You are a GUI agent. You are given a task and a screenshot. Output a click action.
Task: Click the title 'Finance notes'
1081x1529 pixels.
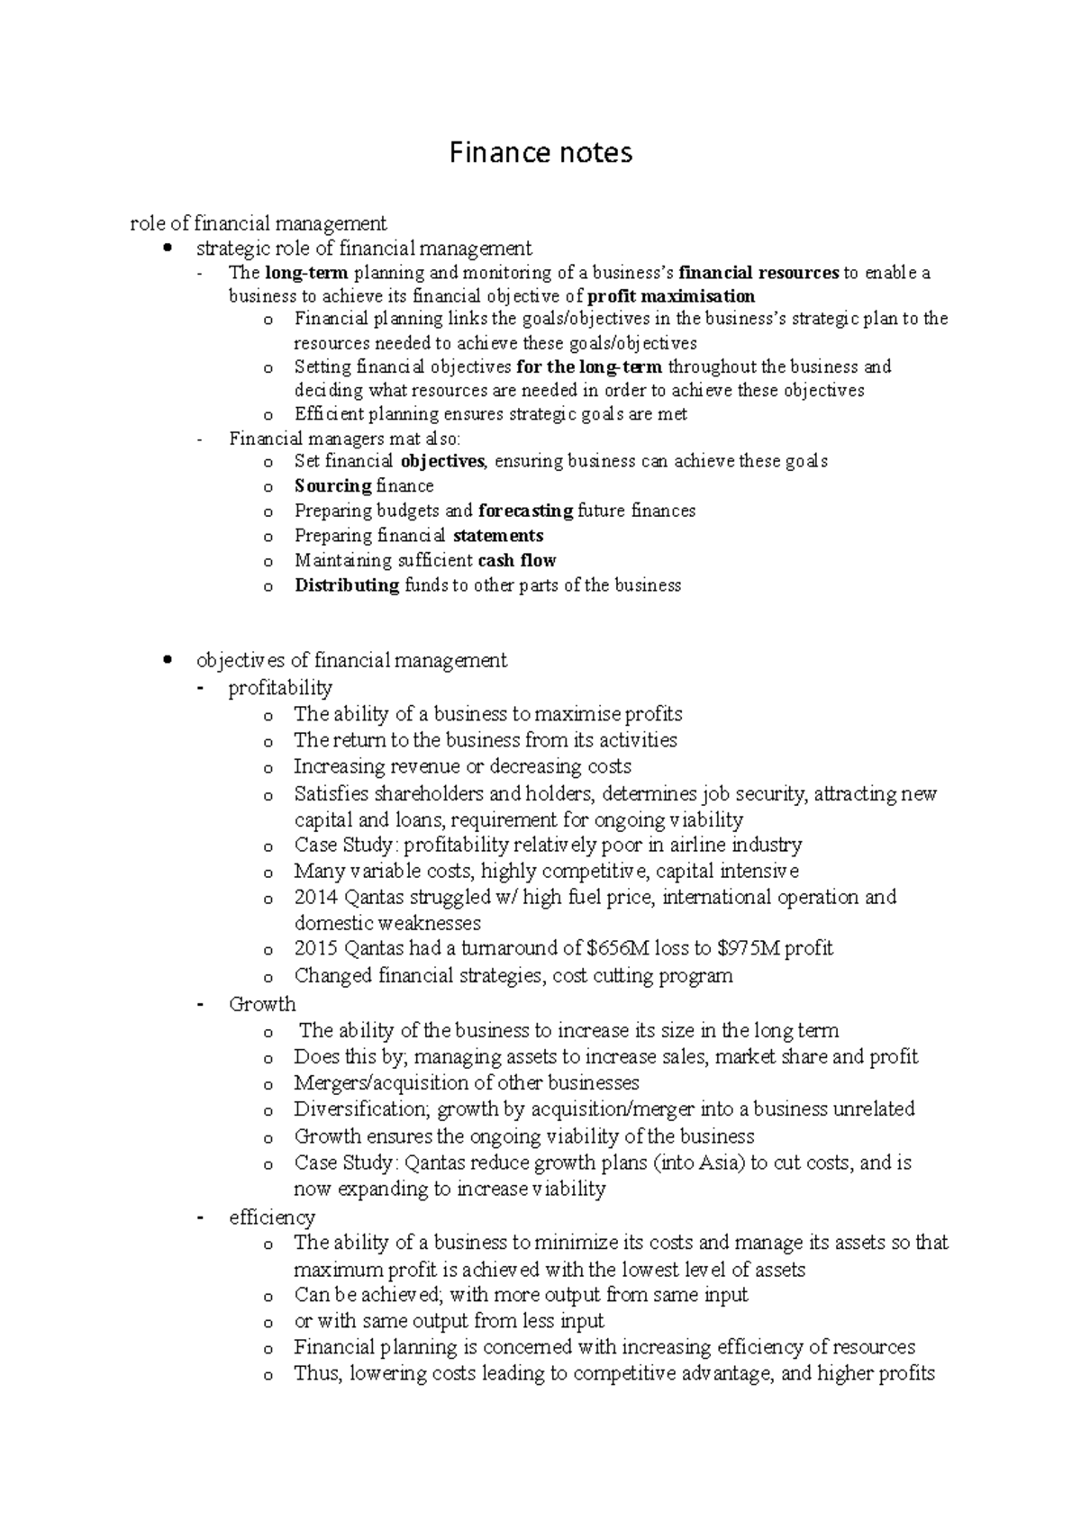point(540,153)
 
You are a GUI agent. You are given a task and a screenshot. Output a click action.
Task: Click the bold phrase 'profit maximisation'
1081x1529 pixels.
point(671,296)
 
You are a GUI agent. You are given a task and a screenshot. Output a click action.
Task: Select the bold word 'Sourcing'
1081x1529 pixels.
point(333,486)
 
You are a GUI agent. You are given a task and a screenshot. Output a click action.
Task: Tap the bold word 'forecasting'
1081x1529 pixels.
point(525,511)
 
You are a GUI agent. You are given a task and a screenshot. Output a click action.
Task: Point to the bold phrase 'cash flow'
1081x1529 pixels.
point(517,560)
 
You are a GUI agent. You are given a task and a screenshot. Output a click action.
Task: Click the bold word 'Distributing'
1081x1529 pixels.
point(347,585)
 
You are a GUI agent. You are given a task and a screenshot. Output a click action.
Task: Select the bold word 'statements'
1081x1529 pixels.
point(498,536)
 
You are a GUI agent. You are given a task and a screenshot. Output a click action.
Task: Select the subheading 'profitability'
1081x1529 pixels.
point(280,688)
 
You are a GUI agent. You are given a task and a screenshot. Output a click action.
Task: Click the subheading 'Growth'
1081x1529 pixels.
point(262,1004)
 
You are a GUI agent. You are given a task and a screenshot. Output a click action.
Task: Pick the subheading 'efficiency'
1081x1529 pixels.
point(272,1217)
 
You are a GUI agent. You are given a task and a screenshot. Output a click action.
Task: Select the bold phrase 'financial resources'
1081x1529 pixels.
point(759,273)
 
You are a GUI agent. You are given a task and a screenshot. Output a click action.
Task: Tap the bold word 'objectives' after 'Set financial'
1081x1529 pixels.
point(442,461)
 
